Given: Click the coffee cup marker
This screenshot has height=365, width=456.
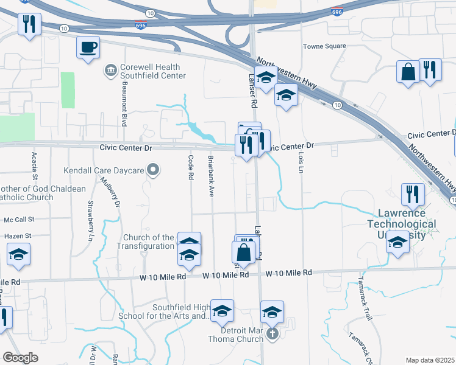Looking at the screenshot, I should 88,47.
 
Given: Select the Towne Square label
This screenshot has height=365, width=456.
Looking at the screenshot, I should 324,46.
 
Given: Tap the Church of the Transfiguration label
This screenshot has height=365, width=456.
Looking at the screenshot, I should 149,242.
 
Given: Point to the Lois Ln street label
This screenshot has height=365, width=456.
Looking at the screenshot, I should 301,161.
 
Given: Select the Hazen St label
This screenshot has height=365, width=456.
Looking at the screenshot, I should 18,235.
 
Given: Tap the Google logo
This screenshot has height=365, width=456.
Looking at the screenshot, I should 20,358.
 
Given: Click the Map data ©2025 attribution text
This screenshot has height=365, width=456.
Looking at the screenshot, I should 430,360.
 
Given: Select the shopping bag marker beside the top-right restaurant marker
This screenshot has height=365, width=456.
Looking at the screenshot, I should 408,71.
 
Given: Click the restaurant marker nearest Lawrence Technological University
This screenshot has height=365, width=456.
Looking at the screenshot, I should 413,194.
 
